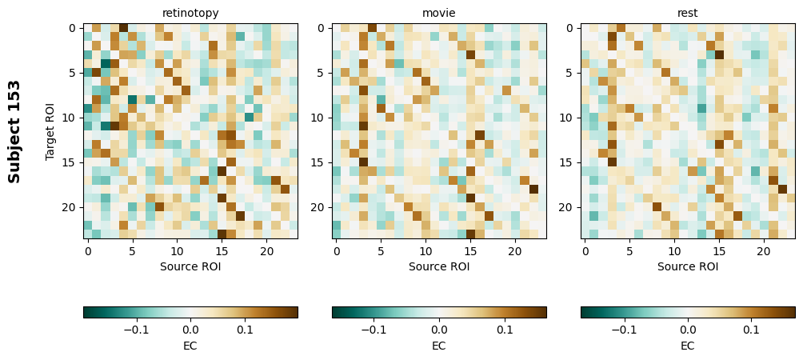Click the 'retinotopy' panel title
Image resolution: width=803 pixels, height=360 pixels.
point(190,13)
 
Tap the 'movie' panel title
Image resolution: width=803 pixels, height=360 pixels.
point(439,13)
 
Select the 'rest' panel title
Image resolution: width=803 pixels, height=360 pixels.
point(688,13)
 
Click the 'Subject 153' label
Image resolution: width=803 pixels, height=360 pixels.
point(14,132)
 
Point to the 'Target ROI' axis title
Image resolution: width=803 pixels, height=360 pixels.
point(50,132)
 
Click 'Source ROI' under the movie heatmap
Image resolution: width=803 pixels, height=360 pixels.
point(439,266)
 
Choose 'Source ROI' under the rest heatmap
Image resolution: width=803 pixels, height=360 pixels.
point(688,266)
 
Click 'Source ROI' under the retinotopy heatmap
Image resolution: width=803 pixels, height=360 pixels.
point(190,266)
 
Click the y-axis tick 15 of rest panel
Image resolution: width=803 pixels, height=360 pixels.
point(568,162)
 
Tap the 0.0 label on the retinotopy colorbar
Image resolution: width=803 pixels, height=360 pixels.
point(190,329)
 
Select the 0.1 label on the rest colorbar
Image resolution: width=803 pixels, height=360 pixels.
point(751,329)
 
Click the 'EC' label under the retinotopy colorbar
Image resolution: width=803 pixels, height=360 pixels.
point(190,346)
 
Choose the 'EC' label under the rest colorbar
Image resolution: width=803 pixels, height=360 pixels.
point(688,346)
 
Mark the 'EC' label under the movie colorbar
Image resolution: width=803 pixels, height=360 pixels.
point(439,346)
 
